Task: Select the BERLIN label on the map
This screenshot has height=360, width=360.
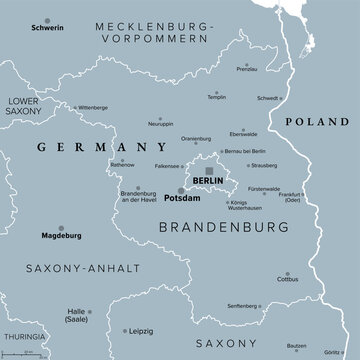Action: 208,180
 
